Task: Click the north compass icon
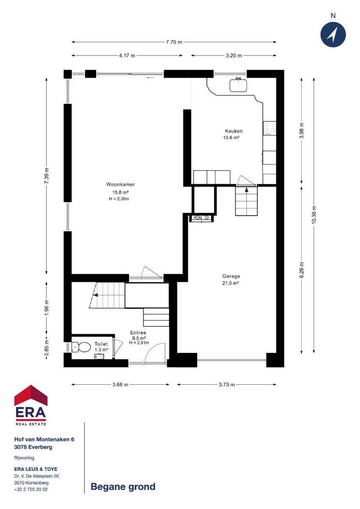(x=333, y=34)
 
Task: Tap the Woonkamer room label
(x=121, y=185)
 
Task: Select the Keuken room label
(x=233, y=131)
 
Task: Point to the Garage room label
(x=231, y=276)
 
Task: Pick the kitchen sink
(x=238, y=85)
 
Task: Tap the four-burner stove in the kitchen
(x=270, y=129)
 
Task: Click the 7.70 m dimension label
(x=174, y=42)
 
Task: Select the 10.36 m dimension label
(x=314, y=215)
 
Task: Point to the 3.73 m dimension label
(x=227, y=385)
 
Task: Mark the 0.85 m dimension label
(x=47, y=348)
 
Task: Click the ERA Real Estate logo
(x=31, y=405)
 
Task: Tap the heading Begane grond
(x=123, y=487)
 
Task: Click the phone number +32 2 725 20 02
(x=31, y=489)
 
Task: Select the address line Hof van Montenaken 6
(x=44, y=439)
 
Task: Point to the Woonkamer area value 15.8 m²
(x=120, y=193)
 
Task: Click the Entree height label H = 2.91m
(x=139, y=343)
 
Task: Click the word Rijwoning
(x=24, y=458)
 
